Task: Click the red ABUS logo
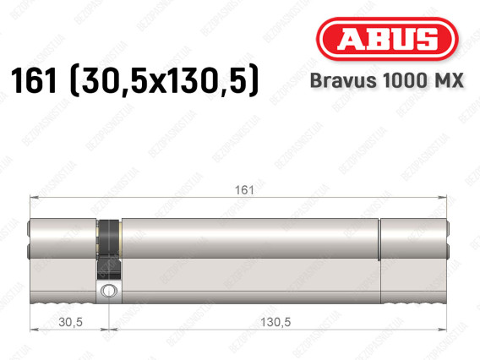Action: pyautogui.click(x=387, y=39)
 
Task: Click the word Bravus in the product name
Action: pyautogui.click(x=343, y=80)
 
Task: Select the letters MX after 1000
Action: pyautogui.click(x=448, y=80)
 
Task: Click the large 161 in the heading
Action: pyautogui.click(x=34, y=80)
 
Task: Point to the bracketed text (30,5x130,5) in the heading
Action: pyautogui.click(x=165, y=81)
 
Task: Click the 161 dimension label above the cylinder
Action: pyautogui.click(x=244, y=190)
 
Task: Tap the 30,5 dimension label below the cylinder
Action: pyautogui.click(x=70, y=322)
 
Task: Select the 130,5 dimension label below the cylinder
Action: pyautogui.click(x=275, y=322)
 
